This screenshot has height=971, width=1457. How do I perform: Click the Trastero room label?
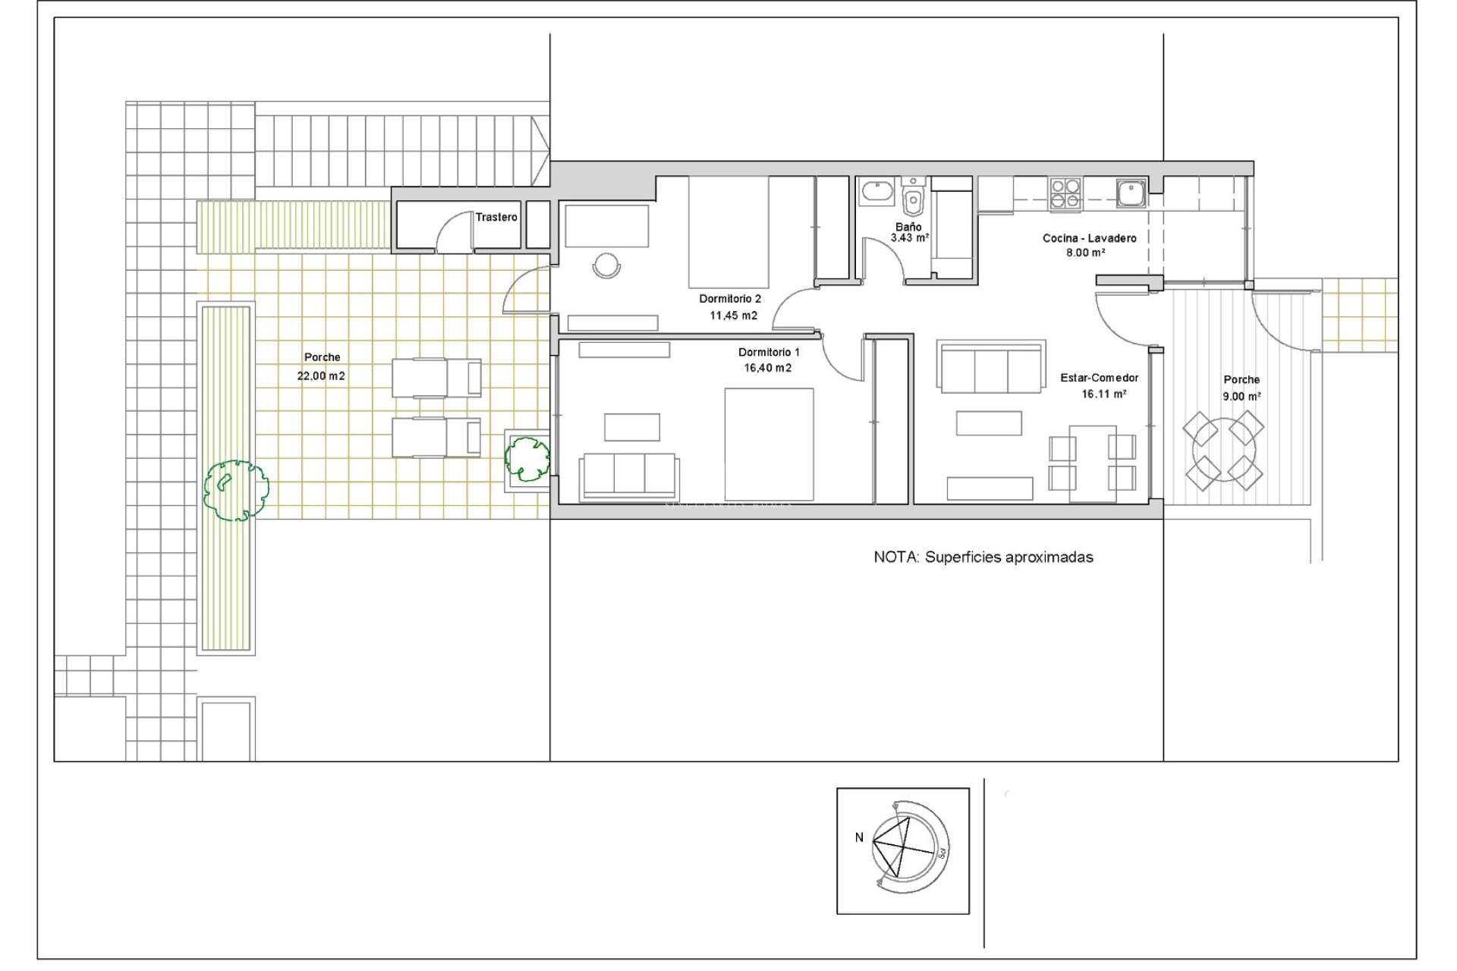[496, 217]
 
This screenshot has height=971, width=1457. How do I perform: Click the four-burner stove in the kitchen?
[1065, 193]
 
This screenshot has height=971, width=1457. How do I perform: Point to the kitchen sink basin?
[1130, 193]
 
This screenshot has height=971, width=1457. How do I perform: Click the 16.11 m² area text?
[1103, 394]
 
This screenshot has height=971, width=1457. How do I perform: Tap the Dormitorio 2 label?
[729, 299]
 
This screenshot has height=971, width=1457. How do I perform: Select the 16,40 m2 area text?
[767, 368]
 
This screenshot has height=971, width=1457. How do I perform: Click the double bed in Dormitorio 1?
[768, 444]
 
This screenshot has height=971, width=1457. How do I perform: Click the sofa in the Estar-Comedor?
[990, 367]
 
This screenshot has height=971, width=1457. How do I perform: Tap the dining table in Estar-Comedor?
[1093, 463]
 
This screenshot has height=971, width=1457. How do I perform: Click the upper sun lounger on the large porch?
[436, 378]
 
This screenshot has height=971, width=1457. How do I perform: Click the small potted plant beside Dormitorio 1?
[527, 458]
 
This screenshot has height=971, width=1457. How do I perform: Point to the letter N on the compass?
[859, 837]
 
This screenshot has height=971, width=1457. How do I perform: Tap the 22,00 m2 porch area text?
[321, 376]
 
